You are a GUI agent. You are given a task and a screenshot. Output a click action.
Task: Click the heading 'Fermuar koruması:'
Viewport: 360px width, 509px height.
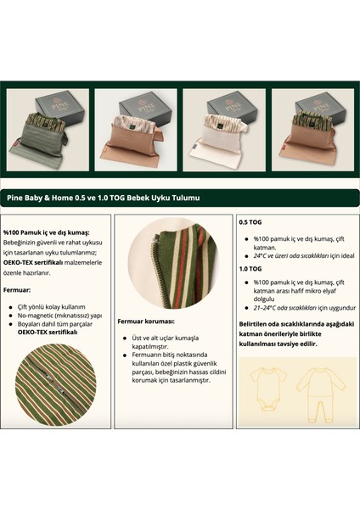pyautogui.click(x=148, y=322)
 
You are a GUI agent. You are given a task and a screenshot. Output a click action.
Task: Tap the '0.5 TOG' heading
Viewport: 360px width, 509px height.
pyautogui.click(x=251, y=222)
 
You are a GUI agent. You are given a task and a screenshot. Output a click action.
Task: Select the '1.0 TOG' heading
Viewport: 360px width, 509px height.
pyautogui.click(x=251, y=269)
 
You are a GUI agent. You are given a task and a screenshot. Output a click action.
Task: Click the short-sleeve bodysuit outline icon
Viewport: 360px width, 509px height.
pyautogui.click(x=263, y=390)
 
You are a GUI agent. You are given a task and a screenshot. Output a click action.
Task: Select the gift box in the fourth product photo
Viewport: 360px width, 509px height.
pyautogui.click(x=318, y=107)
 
